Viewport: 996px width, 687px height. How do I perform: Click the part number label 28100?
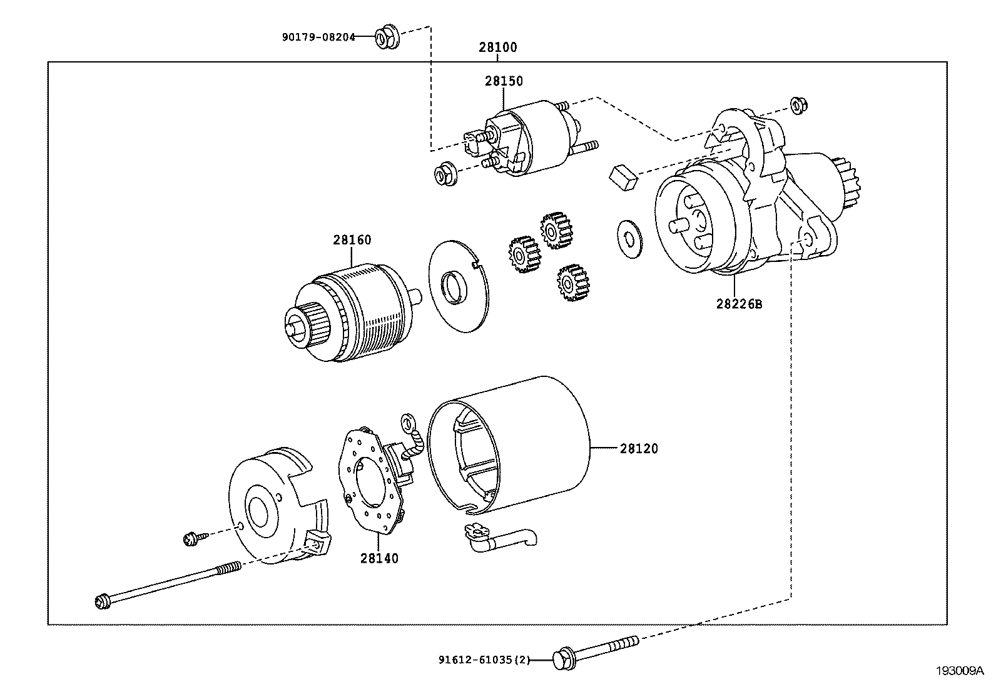[497, 47]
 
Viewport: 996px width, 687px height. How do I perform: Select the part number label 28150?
[504, 81]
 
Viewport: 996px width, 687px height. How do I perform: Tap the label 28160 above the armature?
[352, 240]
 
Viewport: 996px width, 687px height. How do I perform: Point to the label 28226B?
[739, 304]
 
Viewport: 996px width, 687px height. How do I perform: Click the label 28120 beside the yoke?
[639, 448]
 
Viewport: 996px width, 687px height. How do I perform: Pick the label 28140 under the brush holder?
[379, 558]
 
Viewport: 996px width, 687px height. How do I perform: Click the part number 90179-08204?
[318, 37]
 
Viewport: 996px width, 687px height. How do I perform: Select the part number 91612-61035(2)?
[484, 659]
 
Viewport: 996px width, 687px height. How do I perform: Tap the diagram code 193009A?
[960, 671]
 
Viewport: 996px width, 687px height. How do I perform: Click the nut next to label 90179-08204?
[387, 37]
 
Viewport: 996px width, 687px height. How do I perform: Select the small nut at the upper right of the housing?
[798, 105]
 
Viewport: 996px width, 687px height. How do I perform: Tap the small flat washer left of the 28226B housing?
[629, 239]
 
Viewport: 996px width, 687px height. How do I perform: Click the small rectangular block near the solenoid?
[623, 178]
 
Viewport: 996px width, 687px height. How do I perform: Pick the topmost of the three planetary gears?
[556, 230]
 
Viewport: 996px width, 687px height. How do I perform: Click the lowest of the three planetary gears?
[572, 283]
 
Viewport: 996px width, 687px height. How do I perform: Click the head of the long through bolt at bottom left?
[103, 602]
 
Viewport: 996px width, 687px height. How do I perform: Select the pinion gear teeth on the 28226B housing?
[846, 182]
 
